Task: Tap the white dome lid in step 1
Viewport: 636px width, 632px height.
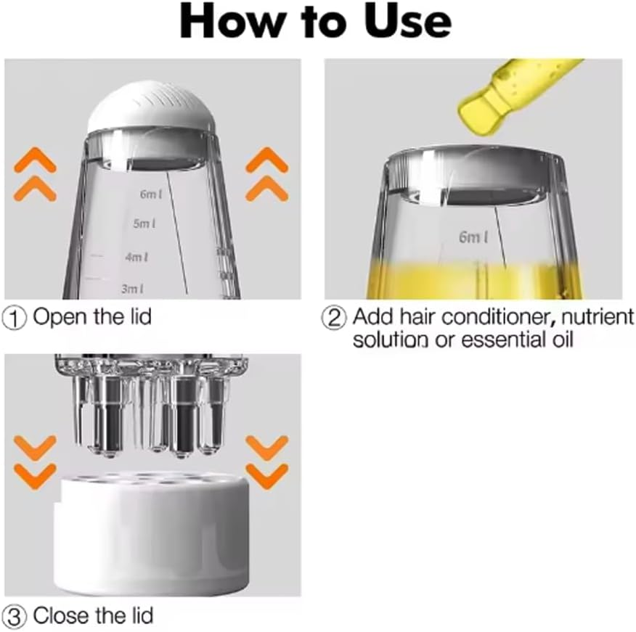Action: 150,110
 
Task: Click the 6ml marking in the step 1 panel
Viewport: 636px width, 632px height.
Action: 151,194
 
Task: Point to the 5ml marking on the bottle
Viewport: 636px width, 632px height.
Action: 144,225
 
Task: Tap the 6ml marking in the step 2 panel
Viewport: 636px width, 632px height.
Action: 473,237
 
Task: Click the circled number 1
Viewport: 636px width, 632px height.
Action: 15,317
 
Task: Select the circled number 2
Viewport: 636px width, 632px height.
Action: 335,318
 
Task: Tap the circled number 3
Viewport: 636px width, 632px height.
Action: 15,617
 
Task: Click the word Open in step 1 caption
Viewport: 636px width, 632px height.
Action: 59,318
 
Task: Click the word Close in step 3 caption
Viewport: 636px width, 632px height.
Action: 60,616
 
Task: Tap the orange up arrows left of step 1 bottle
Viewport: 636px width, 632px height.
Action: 35,174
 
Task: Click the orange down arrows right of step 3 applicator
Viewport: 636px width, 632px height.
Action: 266,461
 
